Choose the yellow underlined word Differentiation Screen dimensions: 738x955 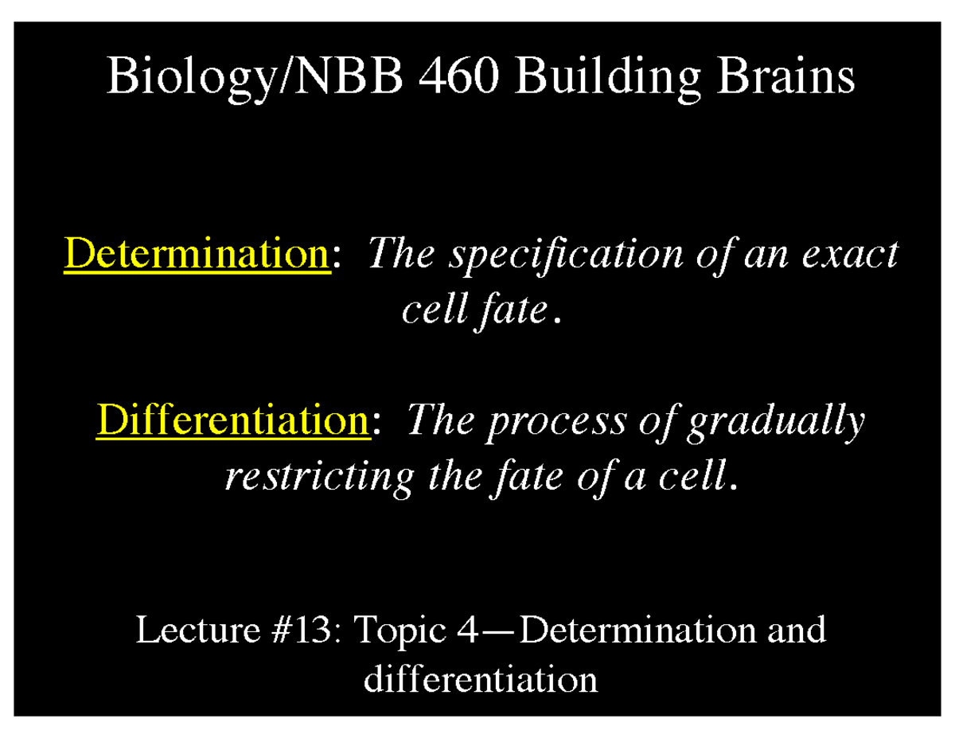tap(233, 420)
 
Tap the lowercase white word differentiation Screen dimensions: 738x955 tap(480, 680)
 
